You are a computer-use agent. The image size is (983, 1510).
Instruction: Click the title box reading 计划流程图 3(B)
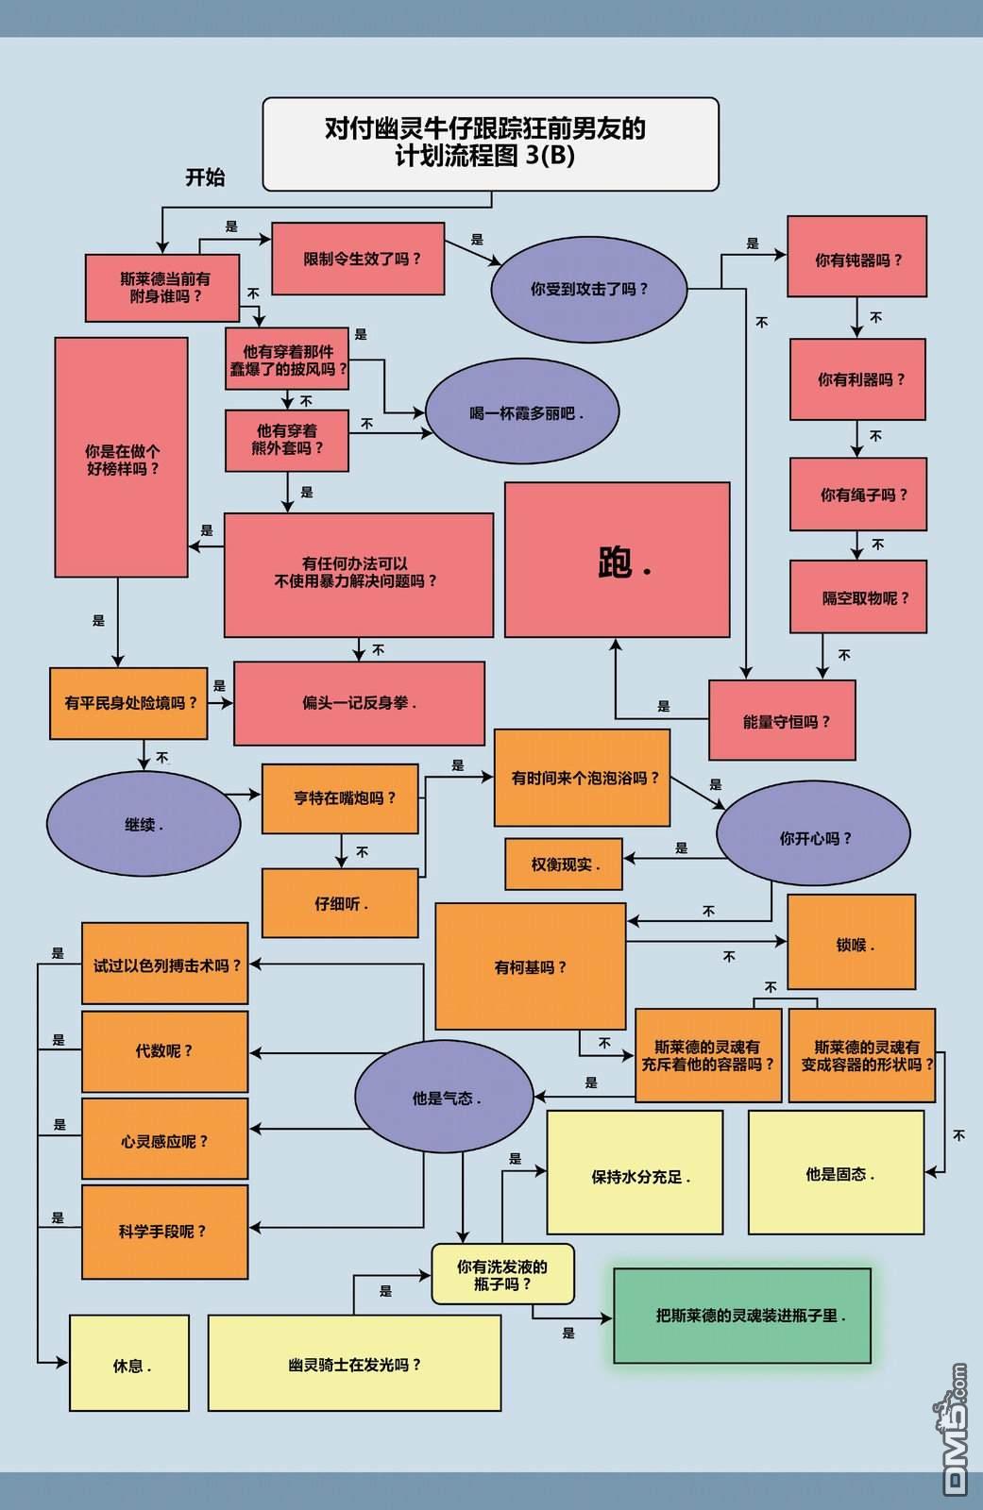tap(490, 144)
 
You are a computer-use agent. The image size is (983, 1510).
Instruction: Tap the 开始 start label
tap(205, 177)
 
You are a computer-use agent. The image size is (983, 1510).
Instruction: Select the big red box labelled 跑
tap(617, 560)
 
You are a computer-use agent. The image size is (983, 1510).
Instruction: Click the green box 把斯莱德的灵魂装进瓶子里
tap(742, 1316)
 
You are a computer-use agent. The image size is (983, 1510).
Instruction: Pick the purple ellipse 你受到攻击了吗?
tap(589, 289)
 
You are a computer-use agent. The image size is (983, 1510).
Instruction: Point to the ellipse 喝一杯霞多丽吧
tap(522, 411)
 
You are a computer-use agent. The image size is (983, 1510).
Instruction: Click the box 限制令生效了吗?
tap(358, 259)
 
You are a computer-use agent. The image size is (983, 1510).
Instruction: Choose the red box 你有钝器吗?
tap(856, 256)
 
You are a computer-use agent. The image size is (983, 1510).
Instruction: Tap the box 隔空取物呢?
tap(858, 596)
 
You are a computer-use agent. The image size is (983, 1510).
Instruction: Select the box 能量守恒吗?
tap(782, 720)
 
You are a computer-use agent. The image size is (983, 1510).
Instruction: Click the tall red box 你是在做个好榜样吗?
tap(122, 457)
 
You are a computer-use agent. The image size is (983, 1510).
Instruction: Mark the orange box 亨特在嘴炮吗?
tap(340, 798)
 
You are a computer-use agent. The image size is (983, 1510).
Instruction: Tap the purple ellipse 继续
tap(144, 824)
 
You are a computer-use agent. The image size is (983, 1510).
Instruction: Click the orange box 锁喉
tap(852, 942)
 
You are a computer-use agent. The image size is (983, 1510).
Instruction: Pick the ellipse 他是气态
tap(445, 1096)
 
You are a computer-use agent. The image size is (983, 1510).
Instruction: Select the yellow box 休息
tap(128, 1363)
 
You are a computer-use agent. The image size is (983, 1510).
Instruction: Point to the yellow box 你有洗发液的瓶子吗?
tap(502, 1274)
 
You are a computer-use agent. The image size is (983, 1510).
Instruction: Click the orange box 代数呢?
tap(164, 1051)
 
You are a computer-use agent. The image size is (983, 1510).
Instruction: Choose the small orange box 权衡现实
tap(564, 864)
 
